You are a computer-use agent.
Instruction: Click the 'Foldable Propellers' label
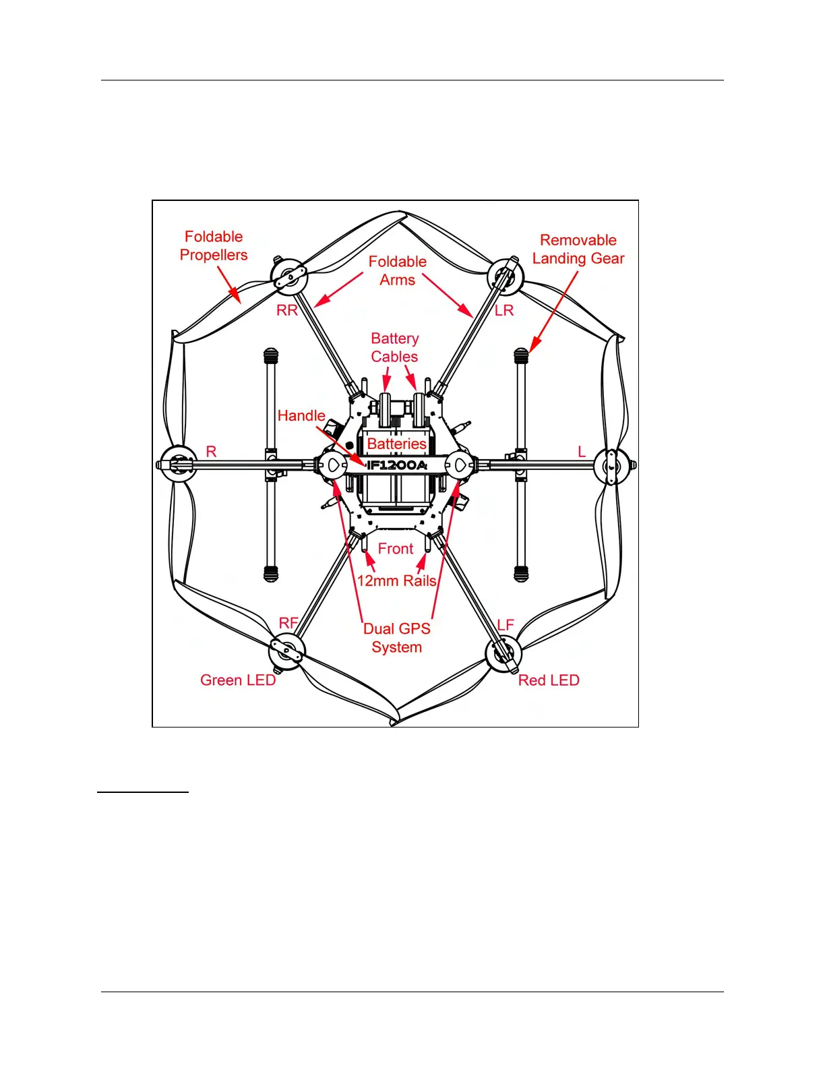pyautogui.click(x=214, y=246)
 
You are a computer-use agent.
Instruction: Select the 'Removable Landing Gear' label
pyautogui.click(x=578, y=249)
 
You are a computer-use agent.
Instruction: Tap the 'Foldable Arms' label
pyautogui.click(x=398, y=271)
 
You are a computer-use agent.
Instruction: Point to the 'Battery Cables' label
pyautogui.click(x=395, y=347)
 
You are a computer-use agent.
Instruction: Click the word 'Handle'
pyautogui.click(x=301, y=416)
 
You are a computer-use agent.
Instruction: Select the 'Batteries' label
pyautogui.click(x=397, y=444)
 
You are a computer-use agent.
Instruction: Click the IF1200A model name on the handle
pyautogui.click(x=397, y=465)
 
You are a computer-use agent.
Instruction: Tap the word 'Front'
pyautogui.click(x=396, y=549)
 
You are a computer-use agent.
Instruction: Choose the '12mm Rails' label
pyautogui.click(x=396, y=581)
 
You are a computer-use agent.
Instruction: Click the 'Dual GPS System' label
pyautogui.click(x=397, y=638)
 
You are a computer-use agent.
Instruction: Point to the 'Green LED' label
pyautogui.click(x=238, y=680)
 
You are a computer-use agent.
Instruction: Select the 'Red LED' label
pyautogui.click(x=549, y=680)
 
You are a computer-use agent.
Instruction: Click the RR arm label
pyautogui.click(x=287, y=311)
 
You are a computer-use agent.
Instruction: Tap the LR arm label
pyautogui.click(x=504, y=311)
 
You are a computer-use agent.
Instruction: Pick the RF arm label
pyautogui.click(x=288, y=623)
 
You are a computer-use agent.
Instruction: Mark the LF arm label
pyautogui.click(x=506, y=625)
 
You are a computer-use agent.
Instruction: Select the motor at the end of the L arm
pyautogui.click(x=613, y=465)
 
